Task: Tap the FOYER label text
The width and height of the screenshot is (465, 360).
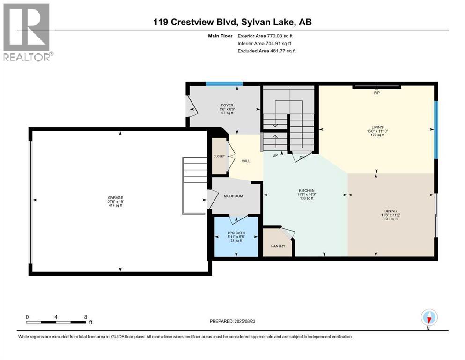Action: (x=228, y=105)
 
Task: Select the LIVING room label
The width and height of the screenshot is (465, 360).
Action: (x=377, y=127)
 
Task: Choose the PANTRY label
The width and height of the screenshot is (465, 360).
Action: (x=278, y=246)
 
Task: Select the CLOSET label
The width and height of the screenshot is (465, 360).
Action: (x=219, y=156)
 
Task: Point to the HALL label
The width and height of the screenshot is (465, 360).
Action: (x=245, y=161)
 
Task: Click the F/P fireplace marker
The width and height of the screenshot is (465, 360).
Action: (x=376, y=92)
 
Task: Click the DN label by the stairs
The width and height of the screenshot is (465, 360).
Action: (x=302, y=157)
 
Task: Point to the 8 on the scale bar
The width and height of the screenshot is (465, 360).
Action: (x=85, y=317)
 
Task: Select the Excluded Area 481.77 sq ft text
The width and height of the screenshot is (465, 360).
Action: (x=266, y=51)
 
